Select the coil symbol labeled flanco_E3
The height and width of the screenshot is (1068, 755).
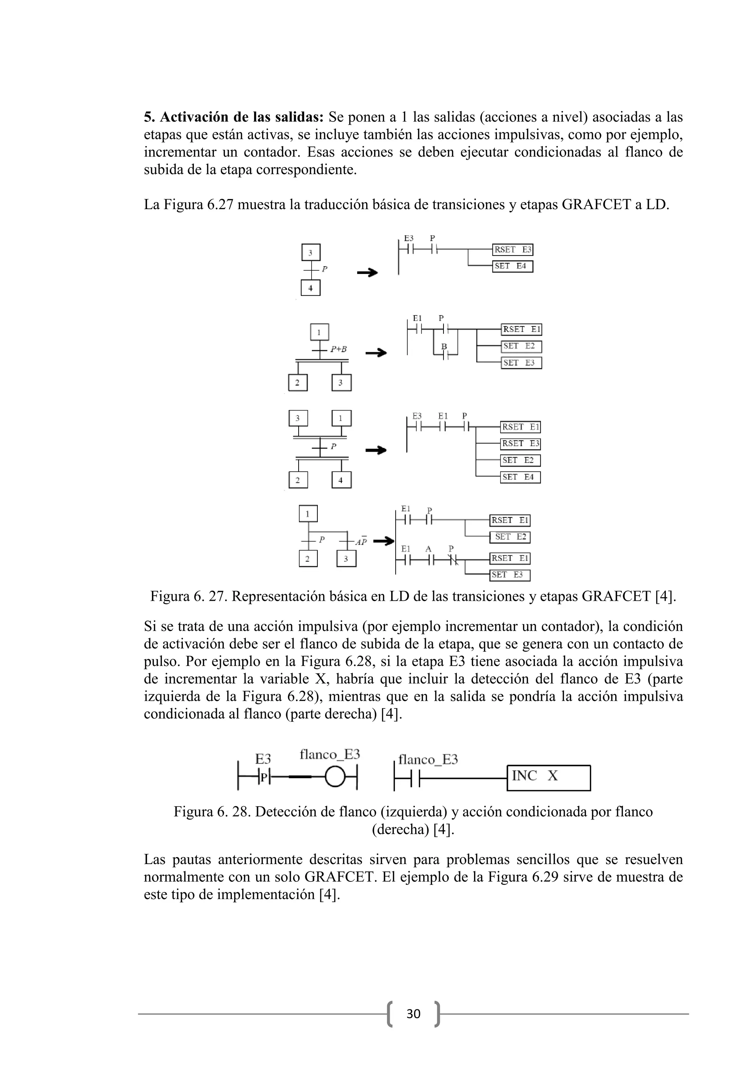(335, 777)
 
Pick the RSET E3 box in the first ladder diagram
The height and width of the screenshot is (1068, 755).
(512, 250)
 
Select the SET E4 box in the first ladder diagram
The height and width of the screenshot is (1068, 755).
(512, 267)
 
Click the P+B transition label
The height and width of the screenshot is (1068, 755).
(338, 349)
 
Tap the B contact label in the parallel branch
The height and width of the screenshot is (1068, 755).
(444, 347)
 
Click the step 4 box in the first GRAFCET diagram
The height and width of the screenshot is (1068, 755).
(310, 288)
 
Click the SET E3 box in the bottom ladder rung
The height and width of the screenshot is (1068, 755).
(509, 575)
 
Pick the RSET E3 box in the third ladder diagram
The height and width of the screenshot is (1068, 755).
(520, 444)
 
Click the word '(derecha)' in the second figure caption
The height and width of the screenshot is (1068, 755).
(400, 830)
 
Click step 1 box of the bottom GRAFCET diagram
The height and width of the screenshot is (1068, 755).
(308, 514)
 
